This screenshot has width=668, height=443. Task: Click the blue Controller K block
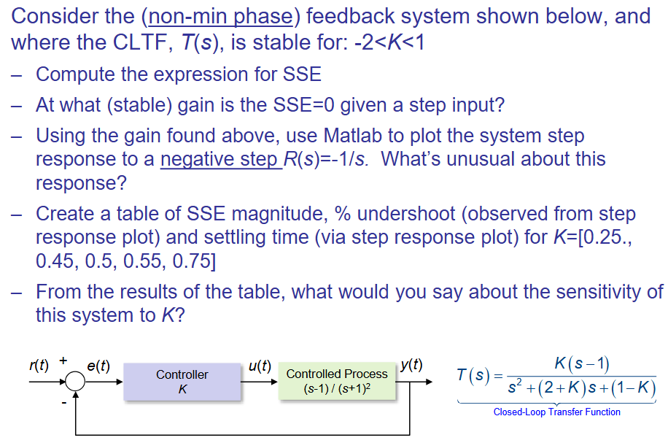(x=182, y=382)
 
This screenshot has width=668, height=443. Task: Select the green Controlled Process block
(x=337, y=382)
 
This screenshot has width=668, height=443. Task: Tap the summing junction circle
(x=76, y=382)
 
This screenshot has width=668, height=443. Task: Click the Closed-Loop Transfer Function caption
(x=557, y=412)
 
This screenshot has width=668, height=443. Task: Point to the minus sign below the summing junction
(x=64, y=401)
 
